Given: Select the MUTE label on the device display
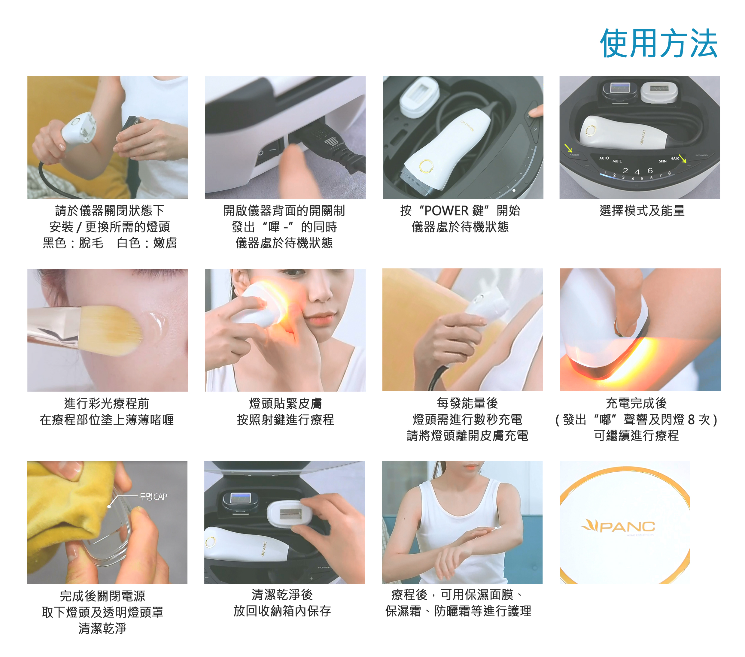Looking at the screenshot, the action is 617,161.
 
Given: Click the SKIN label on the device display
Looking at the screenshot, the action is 663,161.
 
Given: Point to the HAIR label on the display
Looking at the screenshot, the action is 675,159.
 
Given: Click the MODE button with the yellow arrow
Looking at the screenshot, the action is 574,155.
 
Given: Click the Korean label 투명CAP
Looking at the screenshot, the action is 153,497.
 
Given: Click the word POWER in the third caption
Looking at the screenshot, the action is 446,210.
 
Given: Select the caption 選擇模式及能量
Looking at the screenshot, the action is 642,210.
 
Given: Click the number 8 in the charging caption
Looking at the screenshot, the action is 691,420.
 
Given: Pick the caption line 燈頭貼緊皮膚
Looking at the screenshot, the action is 285,403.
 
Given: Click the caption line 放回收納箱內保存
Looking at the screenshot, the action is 282,611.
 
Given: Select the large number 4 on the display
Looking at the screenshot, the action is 637,172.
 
